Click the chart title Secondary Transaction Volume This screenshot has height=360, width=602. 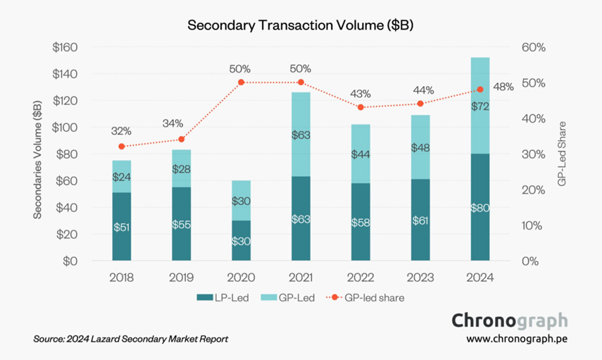[x=300, y=25]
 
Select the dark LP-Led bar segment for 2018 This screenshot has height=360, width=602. [x=121, y=227]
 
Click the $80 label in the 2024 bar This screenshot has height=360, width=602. [x=480, y=207]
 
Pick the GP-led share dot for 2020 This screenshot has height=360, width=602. [x=241, y=82]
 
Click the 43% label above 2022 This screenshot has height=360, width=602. [x=360, y=93]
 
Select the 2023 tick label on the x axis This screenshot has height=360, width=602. [x=420, y=278]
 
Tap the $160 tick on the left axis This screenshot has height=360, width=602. [x=65, y=47]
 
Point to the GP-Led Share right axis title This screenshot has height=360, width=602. [x=562, y=154]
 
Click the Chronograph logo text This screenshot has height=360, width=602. [x=509, y=321]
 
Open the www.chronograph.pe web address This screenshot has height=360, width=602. [x=517, y=339]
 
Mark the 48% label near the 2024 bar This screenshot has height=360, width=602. [x=504, y=86]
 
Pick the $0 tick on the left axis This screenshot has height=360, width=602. [x=70, y=261]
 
